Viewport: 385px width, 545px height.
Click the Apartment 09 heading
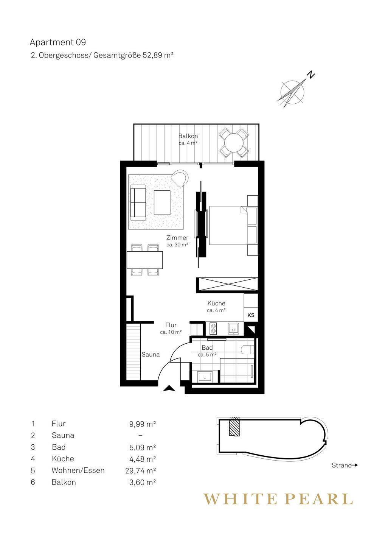[57, 42]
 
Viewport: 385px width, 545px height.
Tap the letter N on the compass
[310, 74]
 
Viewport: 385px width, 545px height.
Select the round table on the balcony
[234, 143]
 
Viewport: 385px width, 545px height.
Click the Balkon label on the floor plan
[188, 136]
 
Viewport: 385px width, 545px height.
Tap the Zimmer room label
[177, 237]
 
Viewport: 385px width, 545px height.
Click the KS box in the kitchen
[251, 315]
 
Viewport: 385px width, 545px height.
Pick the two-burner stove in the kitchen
[213, 328]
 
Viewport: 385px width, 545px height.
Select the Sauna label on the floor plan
[151, 355]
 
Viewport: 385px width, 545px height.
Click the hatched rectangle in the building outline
[234, 427]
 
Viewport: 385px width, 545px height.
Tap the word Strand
[342, 465]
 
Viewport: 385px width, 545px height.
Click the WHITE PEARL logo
[278, 499]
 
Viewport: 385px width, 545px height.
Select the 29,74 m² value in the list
[140, 470]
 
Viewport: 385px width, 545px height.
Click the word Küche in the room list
[63, 459]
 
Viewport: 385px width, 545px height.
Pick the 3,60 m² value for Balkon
[143, 482]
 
